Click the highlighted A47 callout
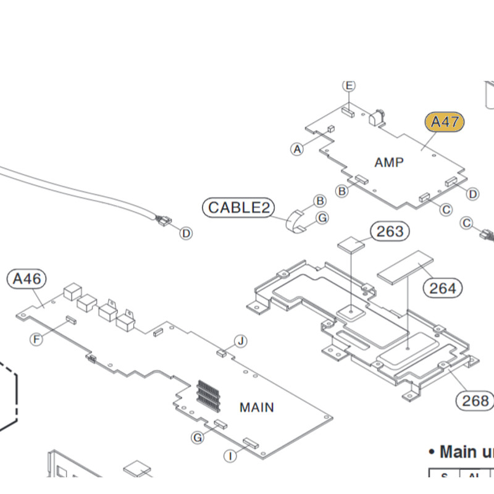pos(444,122)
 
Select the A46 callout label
pos(27,279)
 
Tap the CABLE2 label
pos(239,207)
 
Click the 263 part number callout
pos(390,232)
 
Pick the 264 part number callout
pos(443,288)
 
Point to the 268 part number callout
pos(475,401)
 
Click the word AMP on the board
pos(390,162)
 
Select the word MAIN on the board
pos(257,408)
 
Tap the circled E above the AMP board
pos(349,85)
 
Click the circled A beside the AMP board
pos(298,149)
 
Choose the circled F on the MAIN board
pos(36,338)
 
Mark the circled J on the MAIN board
pos(241,341)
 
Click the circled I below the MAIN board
pos(230,456)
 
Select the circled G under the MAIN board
pos(198,438)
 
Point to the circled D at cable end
pos(186,233)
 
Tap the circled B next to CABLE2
pos(320,201)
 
